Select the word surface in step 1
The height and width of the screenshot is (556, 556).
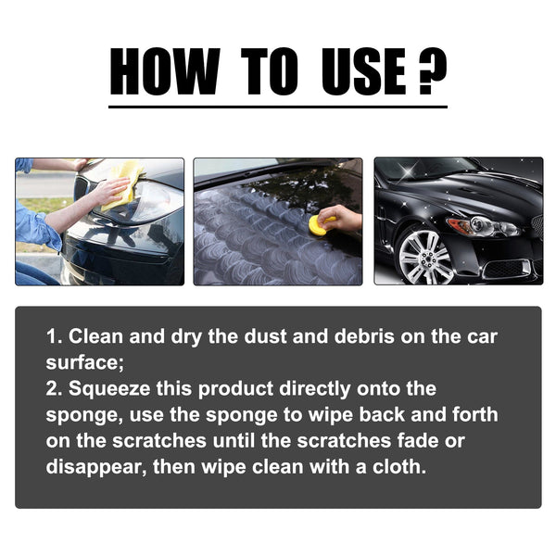81,361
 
